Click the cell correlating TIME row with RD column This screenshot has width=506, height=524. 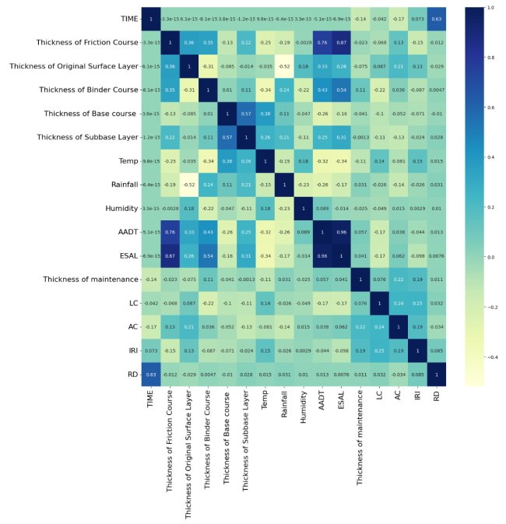pyautogui.click(x=437, y=18)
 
